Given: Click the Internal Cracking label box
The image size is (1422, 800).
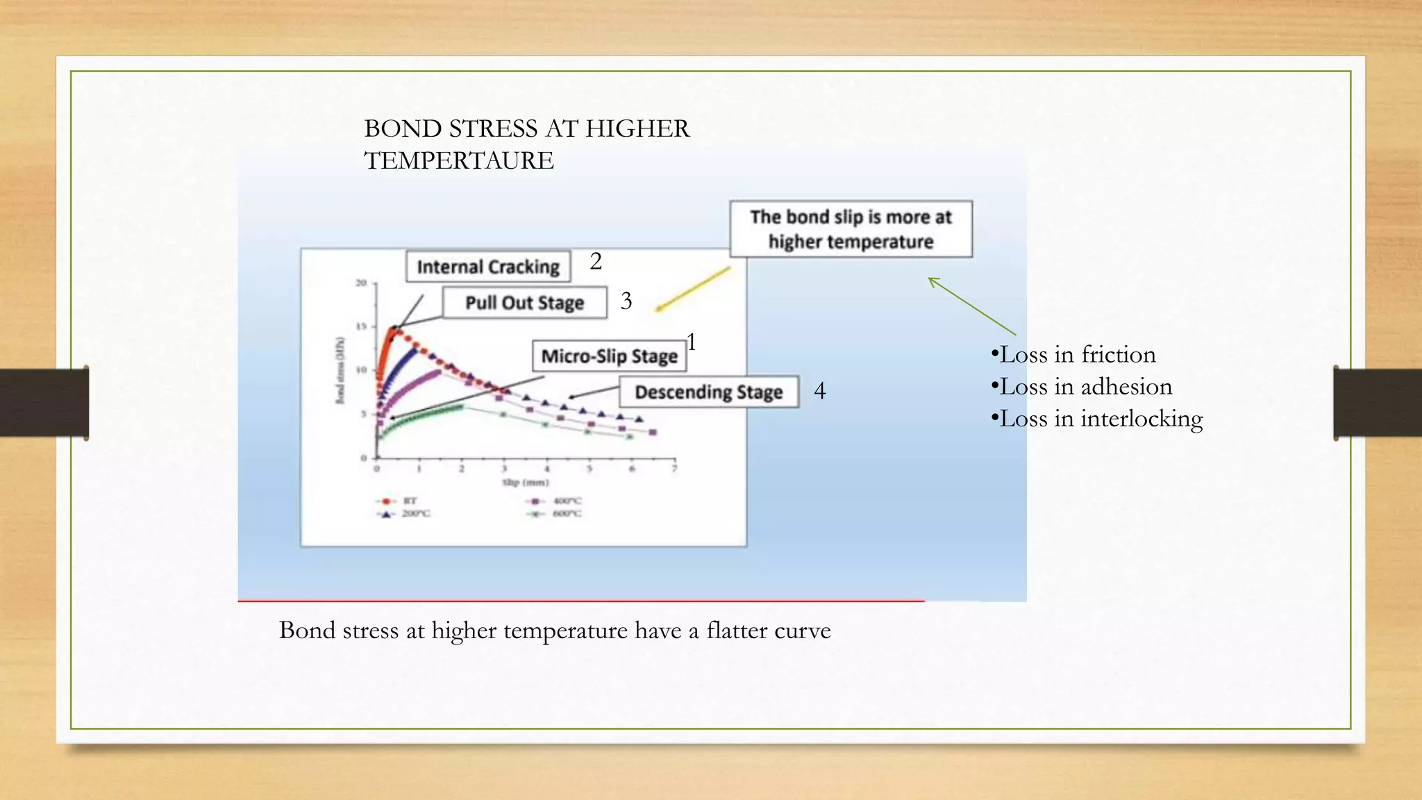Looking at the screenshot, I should coord(488,267).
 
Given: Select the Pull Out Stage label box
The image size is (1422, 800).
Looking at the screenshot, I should coord(524,303).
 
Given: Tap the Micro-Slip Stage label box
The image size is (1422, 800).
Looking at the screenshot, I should coord(609,356).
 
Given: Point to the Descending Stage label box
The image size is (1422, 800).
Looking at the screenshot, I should coord(708,392).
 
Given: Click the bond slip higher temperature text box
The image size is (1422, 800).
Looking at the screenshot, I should coord(851,229).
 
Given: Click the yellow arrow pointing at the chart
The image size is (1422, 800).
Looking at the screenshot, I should coord(693,289).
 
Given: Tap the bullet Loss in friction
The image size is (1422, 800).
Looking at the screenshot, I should coord(1073,355).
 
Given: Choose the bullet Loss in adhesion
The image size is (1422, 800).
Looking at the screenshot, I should coord(1082,387).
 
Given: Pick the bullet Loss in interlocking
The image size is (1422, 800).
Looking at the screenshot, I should coord(1097,419).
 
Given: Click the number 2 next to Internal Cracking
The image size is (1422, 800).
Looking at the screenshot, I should coord(596,262).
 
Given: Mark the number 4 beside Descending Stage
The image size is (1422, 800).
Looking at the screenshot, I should coord(820,391).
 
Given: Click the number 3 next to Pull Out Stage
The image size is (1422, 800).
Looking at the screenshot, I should coord(626,301).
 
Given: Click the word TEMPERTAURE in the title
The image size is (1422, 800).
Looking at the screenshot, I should coord(459,161).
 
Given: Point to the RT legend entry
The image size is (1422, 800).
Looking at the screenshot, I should coord(399,501).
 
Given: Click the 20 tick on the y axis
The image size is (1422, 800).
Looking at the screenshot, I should coord(361,283).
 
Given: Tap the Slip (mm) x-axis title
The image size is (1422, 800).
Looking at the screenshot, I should coord(526,482).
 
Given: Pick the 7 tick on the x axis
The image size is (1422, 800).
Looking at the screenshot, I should coord(674,469).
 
